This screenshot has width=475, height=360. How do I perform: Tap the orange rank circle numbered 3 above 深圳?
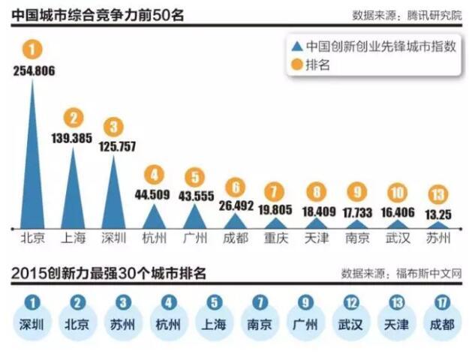coord(113,126)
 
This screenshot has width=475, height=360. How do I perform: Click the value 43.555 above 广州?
coord(194,193)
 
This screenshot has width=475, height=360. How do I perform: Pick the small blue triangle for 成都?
coord(235,221)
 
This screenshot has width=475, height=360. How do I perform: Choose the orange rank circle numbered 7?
coord(275,190)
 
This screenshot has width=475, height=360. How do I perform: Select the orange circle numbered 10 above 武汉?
coord(397,191)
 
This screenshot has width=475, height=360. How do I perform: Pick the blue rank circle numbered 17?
coord(437,304)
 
